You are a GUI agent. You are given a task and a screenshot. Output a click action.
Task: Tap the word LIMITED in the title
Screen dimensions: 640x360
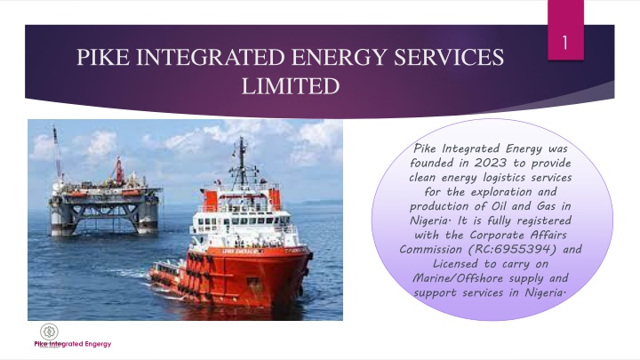click(x=291, y=86)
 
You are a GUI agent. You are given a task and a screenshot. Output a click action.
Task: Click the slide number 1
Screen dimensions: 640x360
click(x=565, y=43)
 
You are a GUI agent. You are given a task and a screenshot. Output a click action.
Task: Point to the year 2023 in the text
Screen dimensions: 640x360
click(x=490, y=163)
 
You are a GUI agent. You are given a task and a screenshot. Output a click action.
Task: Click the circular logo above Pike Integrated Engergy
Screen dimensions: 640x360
click(x=49, y=332)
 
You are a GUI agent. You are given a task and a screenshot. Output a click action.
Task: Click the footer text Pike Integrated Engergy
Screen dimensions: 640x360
click(x=73, y=344)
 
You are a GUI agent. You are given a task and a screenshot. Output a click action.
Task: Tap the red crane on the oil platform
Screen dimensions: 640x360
click(x=119, y=170)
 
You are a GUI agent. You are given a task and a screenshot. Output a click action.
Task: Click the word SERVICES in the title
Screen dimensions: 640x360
click(x=449, y=57)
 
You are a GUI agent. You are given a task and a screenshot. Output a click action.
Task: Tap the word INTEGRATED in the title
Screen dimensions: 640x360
click(x=210, y=57)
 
